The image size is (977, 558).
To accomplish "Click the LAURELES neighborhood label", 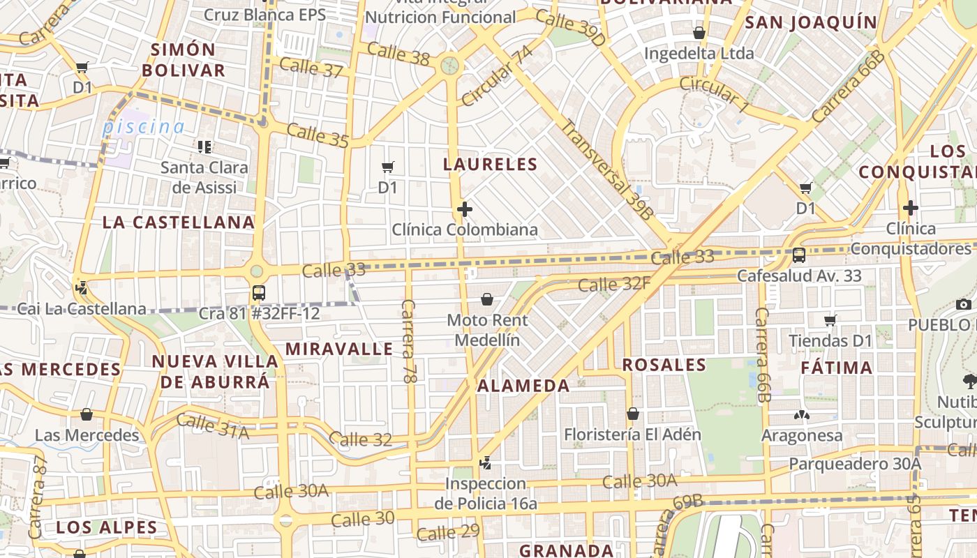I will click(x=491, y=165).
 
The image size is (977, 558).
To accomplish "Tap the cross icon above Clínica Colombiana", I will click(x=465, y=209).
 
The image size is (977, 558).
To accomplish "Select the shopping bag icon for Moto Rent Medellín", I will click(x=487, y=299).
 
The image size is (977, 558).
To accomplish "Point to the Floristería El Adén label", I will click(x=632, y=435).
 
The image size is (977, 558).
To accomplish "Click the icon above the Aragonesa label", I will click(x=801, y=415).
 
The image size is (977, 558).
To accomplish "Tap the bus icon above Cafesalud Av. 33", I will click(x=799, y=255).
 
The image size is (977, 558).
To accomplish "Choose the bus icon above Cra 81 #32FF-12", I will click(x=259, y=292).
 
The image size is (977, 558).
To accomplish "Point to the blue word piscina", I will click(x=143, y=127).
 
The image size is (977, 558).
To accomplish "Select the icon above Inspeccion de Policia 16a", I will click(x=486, y=462).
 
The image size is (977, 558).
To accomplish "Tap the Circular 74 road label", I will click(x=497, y=76).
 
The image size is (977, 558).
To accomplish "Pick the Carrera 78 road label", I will click(x=409, y=341).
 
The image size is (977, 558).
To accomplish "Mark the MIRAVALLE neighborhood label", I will click(x=340, y=349).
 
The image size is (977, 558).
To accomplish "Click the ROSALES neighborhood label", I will click(x=664, y=365).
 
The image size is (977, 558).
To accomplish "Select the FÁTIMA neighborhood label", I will click(x=836, y=368).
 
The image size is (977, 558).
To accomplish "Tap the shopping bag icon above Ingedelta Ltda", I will click(x=699, y=33).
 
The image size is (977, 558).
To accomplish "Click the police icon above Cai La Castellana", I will click(x=82, y=286).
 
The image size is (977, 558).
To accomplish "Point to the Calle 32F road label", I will click(x=614, y=284).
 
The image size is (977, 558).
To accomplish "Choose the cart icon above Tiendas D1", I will click(x=830, y=320).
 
